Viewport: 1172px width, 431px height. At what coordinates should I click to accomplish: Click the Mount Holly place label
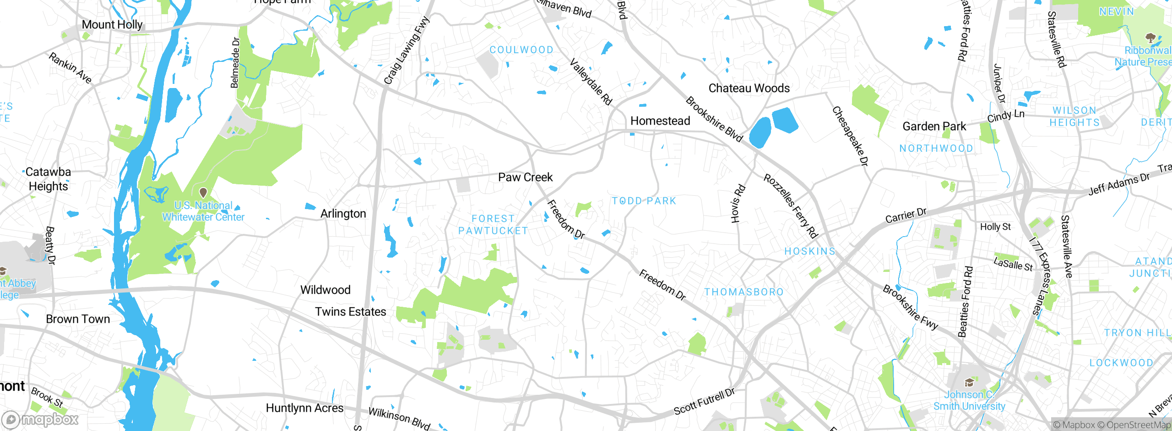(x=112, y=25)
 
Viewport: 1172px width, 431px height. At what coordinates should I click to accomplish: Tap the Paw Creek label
(x=525, y=177)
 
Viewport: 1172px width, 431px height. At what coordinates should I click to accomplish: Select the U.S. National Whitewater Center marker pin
(x=203, y=193)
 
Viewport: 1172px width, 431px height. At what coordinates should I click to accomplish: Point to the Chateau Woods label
(x=749, y=88)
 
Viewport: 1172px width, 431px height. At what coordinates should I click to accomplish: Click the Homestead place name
(x=660, y=121)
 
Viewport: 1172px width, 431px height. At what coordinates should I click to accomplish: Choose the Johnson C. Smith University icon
(x=969, y=383)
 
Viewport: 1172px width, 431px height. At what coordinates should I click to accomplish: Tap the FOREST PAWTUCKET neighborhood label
(x=493, y=225)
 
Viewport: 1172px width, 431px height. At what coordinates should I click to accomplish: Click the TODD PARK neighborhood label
(x=644, y=201)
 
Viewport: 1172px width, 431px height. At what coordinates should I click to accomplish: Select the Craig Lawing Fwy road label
(x=407, y=50)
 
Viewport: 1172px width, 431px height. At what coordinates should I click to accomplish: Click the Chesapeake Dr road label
(x=850, y=136)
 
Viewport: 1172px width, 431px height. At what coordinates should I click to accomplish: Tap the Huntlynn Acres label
(x=304, y=408)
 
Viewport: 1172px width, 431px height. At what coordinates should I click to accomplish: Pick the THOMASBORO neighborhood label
(x=743, y=292)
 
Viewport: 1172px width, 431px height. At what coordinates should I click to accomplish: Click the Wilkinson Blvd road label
(x=399, y=418)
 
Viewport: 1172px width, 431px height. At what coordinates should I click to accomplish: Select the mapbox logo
(x=40, y=419)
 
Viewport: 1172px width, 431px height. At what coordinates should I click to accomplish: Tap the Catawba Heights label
(x=48, y=179)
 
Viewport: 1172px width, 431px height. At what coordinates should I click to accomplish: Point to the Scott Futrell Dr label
(x=704, y=402)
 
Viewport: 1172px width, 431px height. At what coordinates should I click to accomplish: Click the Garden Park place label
(x=934, y=127)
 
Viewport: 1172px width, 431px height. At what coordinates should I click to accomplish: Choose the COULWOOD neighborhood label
(x=521, y=50)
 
